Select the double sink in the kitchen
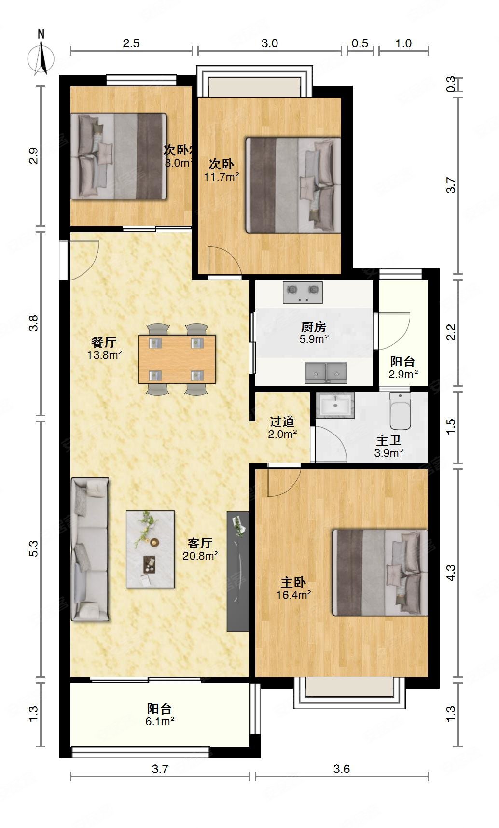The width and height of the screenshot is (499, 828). (326, 372)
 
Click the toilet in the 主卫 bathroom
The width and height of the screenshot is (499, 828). (400, 411)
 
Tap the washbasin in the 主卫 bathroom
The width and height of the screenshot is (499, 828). (335, 405)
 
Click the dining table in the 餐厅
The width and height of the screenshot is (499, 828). (177, 359)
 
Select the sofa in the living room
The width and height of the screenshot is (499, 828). (90, 549)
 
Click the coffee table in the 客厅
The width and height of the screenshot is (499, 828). (150, 549)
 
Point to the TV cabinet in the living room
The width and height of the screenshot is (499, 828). (238, 571)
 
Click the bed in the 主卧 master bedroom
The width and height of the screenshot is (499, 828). (380, 573)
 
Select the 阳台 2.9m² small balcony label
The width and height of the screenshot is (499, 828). (403, 367)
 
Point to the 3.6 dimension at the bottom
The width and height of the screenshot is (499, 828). (341, 769)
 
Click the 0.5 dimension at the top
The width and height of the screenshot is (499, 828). (360, 43)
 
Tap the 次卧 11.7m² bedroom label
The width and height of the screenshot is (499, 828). (221, 170)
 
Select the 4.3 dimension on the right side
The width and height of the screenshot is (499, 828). (450, 573)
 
